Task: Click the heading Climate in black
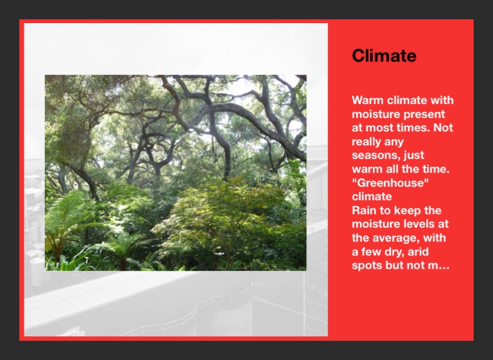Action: coord(384,56)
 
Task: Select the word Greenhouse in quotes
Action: coord(390,183)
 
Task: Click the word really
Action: coord(365,142)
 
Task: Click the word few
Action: coord(368,252)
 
